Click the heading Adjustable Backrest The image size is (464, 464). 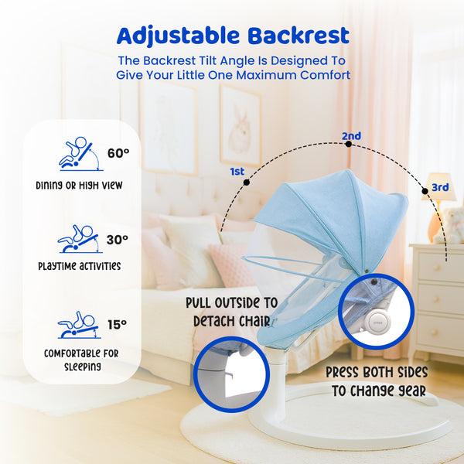click(232, 36)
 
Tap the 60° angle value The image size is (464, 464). click(118, 153)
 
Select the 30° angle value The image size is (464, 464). click(117, 240)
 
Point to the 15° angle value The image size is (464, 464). click(117, 325)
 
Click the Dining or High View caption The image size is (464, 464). click(79, 186)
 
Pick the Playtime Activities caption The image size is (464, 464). click(78, 266)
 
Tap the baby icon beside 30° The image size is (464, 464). click(79, 239)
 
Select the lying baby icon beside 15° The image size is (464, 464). click(77, 325)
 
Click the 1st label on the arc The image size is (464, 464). click(238, 170)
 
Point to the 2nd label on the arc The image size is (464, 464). click(351, 136)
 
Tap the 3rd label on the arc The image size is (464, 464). click(440, 187)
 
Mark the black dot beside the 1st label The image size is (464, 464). click(247, 183)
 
